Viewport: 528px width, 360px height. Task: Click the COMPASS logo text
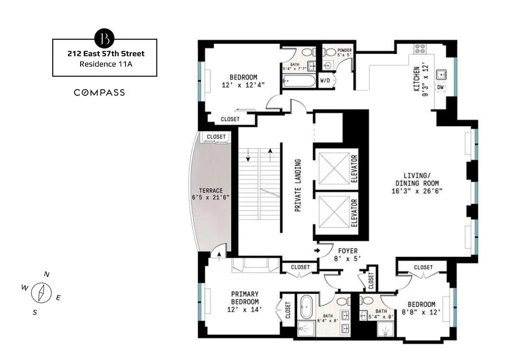(x=99, y=93)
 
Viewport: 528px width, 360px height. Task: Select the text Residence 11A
(x=105, y=64)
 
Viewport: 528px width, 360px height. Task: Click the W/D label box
(x=325, y=81)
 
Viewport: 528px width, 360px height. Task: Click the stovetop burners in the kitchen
(x=420, y=49)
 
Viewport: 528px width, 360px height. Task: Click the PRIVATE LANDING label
(x=298, y=184)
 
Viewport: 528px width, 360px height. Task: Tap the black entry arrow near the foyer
(x=317, y=250)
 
